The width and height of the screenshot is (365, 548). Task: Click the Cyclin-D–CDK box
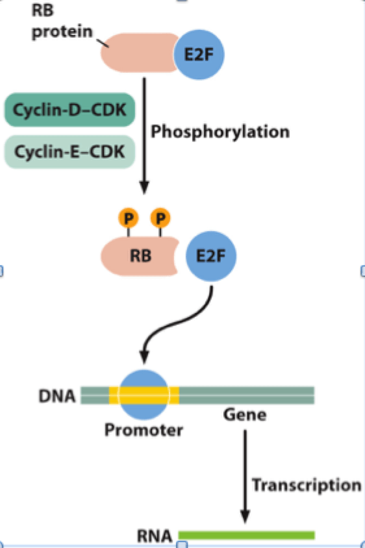pyautogui.click(x=69, y=110)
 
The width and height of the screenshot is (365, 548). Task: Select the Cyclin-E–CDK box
pyautogui.click(x=69, y=152)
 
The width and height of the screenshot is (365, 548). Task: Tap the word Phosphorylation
pyautogui.click(x=220, y=132)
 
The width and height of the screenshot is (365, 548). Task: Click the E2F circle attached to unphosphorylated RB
pyautogui.click(x=199, y=55)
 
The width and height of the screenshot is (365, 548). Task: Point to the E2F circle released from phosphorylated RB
pyautogui.click(x=211, y=256)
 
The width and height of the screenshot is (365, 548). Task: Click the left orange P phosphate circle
pyautogui.click(x=129, y=218)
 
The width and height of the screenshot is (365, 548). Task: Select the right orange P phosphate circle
pyautogui.click(x=160, y=218)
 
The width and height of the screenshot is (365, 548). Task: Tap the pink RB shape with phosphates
pyautogui.click(x=140, y=256)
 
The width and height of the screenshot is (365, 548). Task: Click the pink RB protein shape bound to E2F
pyautogui.click(x=139, y=53)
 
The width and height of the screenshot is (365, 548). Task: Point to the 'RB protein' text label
pyautogui.click(x=62, y=21)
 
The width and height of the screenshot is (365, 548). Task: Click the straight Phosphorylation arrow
pyautogui.click(x=144, y=136)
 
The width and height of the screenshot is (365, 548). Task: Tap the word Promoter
pyautogui.click(x=144, y=430)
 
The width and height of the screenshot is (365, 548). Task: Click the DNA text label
pyautogui.click(x=57, y=396)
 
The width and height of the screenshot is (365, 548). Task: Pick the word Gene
pyautogui.click(x=245, y=415)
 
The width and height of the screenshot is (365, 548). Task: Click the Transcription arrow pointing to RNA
pyautogui.click(x=245, y=477)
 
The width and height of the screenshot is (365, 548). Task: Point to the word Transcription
pyautogui.click(x=307, y=486)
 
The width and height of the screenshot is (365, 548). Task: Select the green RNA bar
pyautogui.click(x=247, y=535)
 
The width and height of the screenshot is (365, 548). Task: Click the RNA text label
pyautogui.click(x=154, y=536)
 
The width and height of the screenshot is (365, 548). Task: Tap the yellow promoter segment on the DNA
pyautogui.click(x=144, y=395)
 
